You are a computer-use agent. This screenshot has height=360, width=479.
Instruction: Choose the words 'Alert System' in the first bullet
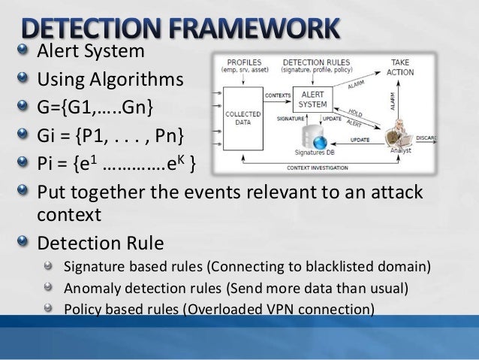tap(90, 52)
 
